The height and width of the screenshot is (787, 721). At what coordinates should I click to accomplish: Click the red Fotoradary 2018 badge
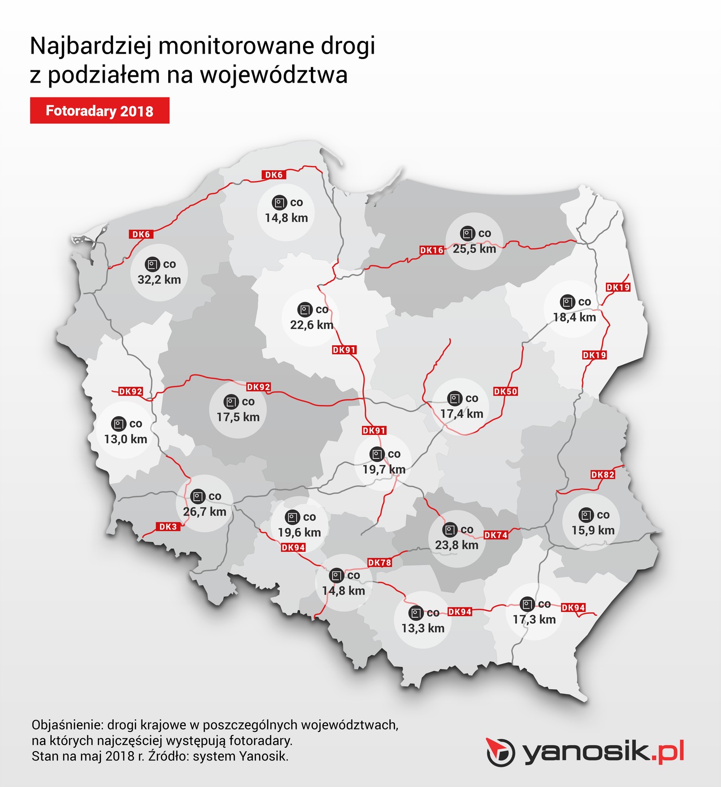[99, 111]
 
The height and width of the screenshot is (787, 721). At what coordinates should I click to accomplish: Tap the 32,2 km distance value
[159, 280]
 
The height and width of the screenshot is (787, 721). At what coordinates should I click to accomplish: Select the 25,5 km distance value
[474, 249]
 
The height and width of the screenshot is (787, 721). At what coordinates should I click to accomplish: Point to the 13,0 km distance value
[125, 439]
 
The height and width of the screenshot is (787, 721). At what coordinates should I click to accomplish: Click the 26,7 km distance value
[205, 512]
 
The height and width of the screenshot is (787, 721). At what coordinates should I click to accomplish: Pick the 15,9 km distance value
[593, 530]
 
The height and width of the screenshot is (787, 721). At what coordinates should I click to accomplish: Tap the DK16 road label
[431, 250]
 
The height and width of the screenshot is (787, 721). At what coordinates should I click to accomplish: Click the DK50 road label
[506, 392]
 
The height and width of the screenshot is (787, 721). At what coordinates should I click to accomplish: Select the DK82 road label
[602, 475]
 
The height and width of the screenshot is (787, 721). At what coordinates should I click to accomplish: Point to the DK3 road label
[168, 527]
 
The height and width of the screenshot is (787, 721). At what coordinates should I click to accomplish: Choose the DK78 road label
[379, 563]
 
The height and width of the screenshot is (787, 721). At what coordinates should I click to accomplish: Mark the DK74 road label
[495, 535]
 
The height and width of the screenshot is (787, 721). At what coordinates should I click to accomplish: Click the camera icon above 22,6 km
[305, 310]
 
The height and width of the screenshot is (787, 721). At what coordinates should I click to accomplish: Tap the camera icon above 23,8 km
[450, 530]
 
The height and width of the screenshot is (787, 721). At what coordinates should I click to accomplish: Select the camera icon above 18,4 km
[567, 302]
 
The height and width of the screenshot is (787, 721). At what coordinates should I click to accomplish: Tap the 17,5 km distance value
[238, 417]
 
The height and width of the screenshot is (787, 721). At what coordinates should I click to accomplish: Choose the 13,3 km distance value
[422, 628]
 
